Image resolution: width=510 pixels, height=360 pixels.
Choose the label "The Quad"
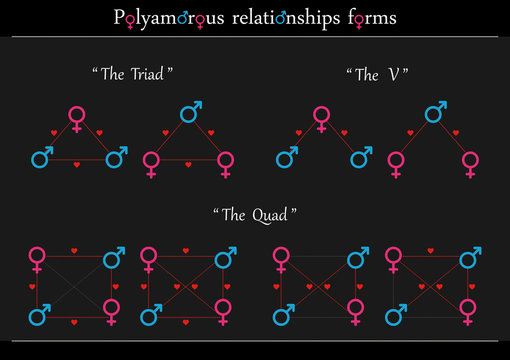(x=255, y=215)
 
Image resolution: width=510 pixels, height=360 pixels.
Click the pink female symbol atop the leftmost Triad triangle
(x=77, y=118)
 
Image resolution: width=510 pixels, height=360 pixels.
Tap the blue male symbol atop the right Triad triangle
(x=190, y=112)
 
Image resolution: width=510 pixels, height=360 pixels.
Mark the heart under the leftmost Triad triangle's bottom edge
(x=78, y=163)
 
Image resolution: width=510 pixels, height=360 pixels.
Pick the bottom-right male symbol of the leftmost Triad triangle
(x=116, y=156)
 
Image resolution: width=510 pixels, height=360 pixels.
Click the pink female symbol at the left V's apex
(x=321, y=118)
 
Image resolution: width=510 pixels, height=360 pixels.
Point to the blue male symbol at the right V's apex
(x=435, y=112)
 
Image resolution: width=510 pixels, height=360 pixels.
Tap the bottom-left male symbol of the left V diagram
(x=285, y=157)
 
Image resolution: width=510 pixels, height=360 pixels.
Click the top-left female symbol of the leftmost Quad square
(x=37, y=258)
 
